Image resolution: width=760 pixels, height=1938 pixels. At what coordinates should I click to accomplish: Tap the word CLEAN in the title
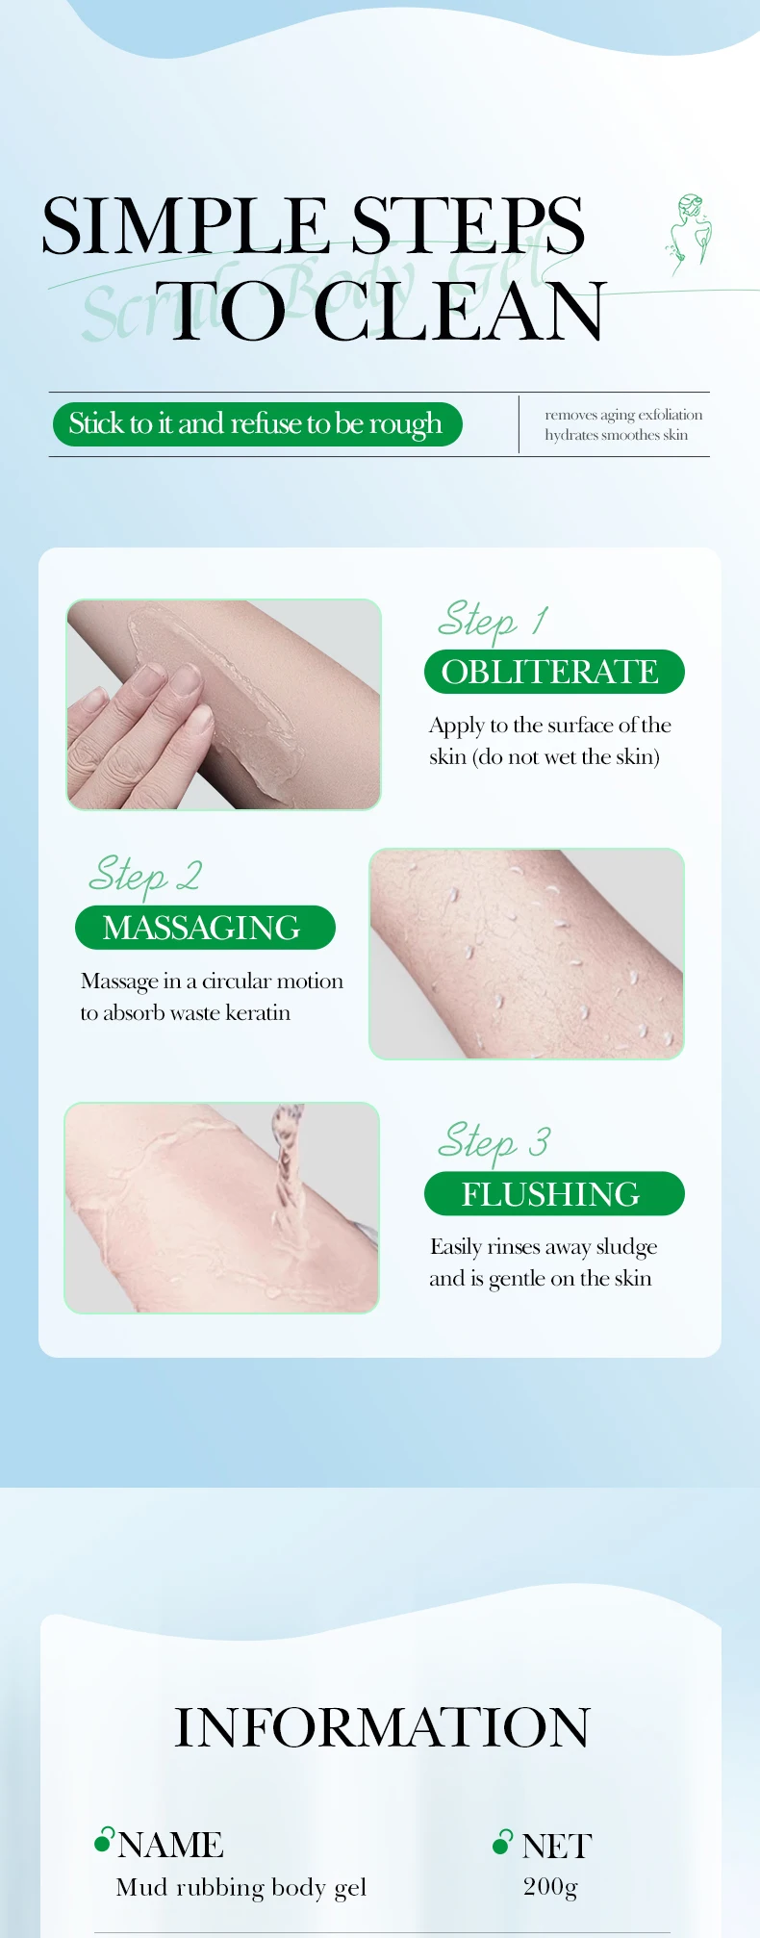[460, 312]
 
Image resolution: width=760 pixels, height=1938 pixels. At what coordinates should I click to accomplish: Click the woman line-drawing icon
[690, 234]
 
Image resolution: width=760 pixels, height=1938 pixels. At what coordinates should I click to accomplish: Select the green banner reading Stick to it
[257, 424]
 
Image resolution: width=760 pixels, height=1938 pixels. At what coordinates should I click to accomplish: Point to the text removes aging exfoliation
[623, 415]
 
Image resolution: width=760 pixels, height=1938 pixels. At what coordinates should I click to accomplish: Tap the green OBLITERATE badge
[553, 672]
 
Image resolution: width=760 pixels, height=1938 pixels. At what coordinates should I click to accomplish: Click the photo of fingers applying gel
[223, 704]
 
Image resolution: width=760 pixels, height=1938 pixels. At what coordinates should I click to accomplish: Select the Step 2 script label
[144, 875]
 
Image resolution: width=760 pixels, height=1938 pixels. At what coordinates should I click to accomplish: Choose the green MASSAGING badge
[204, 928]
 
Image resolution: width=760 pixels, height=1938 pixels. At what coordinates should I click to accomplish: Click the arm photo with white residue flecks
[526, 954]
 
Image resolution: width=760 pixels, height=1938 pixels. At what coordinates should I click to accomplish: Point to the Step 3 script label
[494, 1142]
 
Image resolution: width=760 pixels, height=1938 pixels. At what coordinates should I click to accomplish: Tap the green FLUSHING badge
[553, 1194]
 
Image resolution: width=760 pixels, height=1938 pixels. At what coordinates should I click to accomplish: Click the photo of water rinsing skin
[221, 1208]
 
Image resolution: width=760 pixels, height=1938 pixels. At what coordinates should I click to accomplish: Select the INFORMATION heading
[381, 1727]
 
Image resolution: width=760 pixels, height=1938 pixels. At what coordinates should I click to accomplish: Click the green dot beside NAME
[103, 1842]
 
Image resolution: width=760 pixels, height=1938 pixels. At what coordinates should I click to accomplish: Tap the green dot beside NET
[501, 1843]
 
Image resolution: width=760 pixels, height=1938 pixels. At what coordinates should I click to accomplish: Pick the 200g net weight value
[550, 1886]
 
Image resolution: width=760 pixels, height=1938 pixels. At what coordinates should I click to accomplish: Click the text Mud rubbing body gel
[241, 1887]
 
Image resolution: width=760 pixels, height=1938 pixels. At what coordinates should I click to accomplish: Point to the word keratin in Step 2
[258, 1013]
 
